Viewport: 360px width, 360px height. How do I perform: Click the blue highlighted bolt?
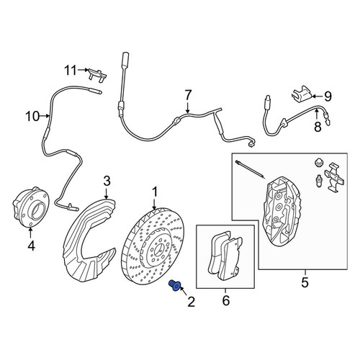click(x=174, y=285)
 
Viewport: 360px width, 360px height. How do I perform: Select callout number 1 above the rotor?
click(x=155, y=192)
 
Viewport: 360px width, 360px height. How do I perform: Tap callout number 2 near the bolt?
click(x=191, y=302)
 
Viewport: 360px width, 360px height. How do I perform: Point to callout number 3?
click(x=107, y=181)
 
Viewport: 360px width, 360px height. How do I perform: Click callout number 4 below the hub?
click(x=31, y=246)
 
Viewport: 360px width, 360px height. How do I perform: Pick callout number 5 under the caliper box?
click(x=305, y=282)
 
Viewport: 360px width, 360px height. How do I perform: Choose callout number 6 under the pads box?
click(x=225, y=300)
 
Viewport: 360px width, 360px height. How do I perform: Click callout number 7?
click(x=188, y=96)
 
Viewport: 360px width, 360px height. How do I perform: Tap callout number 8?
click(x=318, y=127)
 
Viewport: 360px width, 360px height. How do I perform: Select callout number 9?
click(x=328, y=96)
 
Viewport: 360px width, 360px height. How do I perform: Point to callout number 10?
click(x=32, y=117)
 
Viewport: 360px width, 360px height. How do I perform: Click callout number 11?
click(x=71, y=71)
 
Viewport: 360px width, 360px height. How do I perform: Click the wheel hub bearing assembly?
click(x=31, y=207)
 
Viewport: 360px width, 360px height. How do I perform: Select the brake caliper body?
click(x=282, y=211)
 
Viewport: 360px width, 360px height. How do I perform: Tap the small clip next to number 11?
click(x=97, y=75)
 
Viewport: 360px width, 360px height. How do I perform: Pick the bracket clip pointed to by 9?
click(x=302, y=93)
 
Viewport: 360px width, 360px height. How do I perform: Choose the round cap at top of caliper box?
click(x=318, y=163)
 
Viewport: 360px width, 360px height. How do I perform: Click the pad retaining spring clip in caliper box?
click(x=335, y=177)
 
